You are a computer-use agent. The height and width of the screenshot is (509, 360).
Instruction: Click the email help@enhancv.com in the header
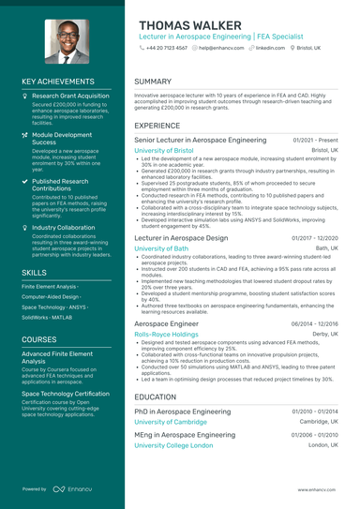pyautogui.click(x=220, y=47)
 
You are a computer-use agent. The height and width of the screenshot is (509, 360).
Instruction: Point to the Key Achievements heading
pyautogui.click(x=58, y=82)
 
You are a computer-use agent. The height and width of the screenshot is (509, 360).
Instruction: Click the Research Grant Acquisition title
pyautogui.click(x=70, y=96)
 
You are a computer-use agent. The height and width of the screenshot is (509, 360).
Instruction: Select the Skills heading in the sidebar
pyautogui.click(x=34, y=272)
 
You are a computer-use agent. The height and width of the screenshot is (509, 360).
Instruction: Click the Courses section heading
pyautogui.click(x=39, y=339)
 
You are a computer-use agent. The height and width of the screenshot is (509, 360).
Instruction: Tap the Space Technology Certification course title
pyautogui.click(x=66, y=395)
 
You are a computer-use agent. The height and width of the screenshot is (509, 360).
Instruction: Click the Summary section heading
pyautogui.click(x=153, y=82)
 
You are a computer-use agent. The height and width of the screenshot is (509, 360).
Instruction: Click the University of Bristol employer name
pyautogui.click(x=164, y=150)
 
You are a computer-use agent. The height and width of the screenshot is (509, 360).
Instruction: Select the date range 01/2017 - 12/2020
pyautogui.click(x=315, y=239)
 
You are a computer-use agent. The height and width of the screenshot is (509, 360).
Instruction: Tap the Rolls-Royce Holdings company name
pyautogui.click(x=166, y=334)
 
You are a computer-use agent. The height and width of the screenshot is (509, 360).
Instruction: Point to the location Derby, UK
pyautogui.click(x=325, y=334)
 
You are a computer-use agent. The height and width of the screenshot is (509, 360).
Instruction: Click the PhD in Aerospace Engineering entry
pyautogui.click(x=182, y=412)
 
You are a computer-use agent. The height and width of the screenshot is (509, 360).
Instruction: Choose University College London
pyautogui.click(x=173, y=445)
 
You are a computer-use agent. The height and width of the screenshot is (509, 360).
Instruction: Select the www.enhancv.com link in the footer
pyautogui.click(x=318, y=489)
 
